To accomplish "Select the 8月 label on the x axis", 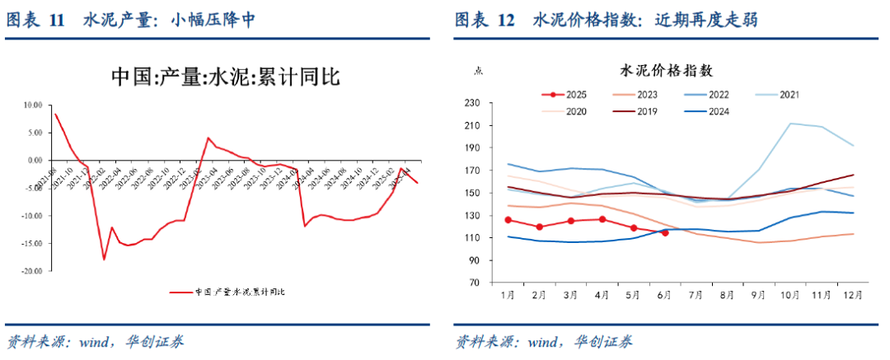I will click(x=727, y=294).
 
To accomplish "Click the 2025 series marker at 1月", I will click(x=508, y=220).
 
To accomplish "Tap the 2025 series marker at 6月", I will click(x=664, y=232).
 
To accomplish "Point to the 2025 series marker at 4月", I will click(x=602, y=219).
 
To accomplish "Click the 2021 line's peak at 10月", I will click(x=789, y=124).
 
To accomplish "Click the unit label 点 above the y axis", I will click(x=478, y=71).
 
